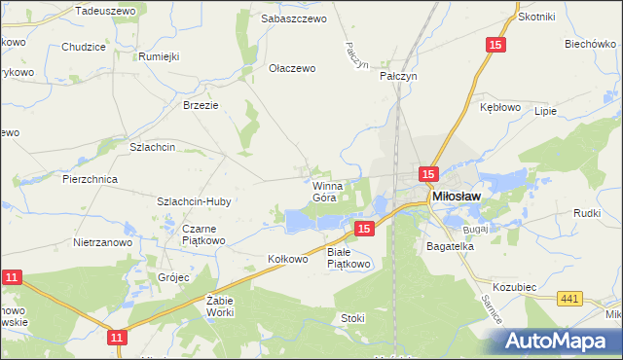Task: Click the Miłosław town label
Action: pyautogui.click(x=457, y=197)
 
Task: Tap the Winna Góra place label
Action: pyautogui.click(x=324, y=191)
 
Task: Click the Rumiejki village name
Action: pyautogui.click(x=160, y=56)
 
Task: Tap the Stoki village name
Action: pyautogui.click(x=352, y=317)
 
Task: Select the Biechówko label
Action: pyautogui.click(x=588, y=44)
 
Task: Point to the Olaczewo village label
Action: pyautogui.click(x=293, y=69)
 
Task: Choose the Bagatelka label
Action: pyautogui.click(x=450, y=247)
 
